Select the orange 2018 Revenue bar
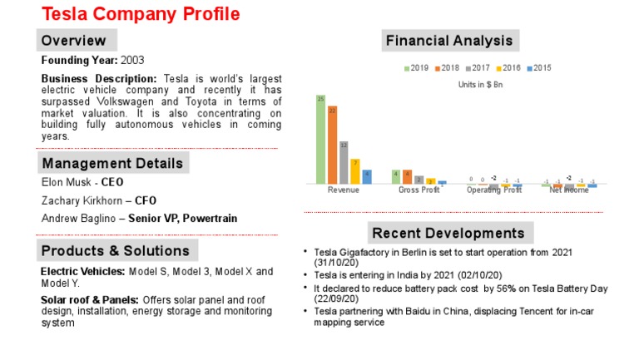(x=332, y=145)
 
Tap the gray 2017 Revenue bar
(x=344, y=162)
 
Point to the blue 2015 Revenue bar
(x=367, y=176)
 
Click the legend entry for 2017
(x=478, y=68)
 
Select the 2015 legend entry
(x=539, y=68)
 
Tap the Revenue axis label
(x=344, y=190)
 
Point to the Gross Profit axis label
(x=419, y=190)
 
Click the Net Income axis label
(x=569, y=190)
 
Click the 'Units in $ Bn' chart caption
(x=480, y=84)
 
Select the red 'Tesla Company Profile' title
(x=141, y=14)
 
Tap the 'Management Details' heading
(x=112, y=162)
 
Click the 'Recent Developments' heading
(x=448, y=233)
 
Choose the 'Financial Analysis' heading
(x=448, y=41)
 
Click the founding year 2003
(x=133, y=61)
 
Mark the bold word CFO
(x=146, y=200)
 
